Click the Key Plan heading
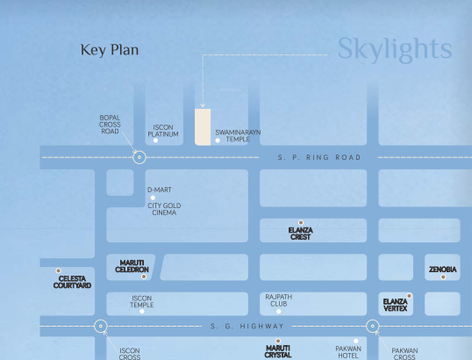click(x=110, y=50)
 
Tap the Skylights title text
click(x=395, y=49)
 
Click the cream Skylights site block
click(x=203, y=126)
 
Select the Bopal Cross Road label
click(x=110, y=125)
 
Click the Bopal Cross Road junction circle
click(x=139, y=158)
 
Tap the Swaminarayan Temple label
click(x=238, y=135)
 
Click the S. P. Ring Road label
click(x=319, y=158)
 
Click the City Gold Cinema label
click(x=164, y=209)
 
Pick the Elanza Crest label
click(x=300, y=234)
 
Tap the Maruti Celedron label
click(x=132, y=266)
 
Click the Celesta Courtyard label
click(x=72, y=282)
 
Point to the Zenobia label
click(x=442, y=269)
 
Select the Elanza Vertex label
click(x=396, y=305)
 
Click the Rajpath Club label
click(x=278, y=300)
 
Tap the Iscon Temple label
click(x=142, y=301)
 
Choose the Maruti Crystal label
click(x=278, y=351)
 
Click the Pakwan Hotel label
click(x=348, y=352)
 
